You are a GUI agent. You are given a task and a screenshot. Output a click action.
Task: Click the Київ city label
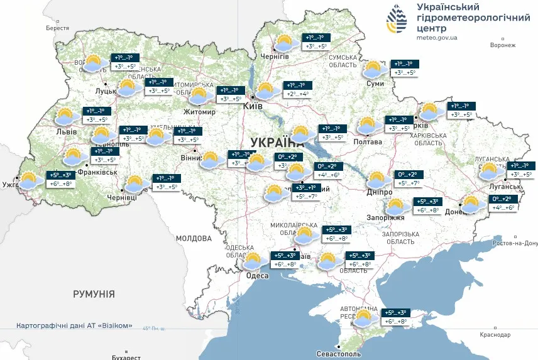click(x=253, y=107)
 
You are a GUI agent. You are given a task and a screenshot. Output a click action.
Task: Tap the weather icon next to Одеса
click(x=253, y=261)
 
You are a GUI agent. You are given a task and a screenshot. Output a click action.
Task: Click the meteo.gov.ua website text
click(x=437, y=37)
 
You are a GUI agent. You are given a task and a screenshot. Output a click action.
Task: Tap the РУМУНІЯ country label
click(x=94, y=293)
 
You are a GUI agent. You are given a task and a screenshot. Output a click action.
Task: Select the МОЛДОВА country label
click(x=194, y=239)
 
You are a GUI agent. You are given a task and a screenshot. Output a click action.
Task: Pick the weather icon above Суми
click(x=373, y=68)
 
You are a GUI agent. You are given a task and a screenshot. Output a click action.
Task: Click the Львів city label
click(x=66, y=132)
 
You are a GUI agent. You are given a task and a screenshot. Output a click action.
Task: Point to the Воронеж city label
click(x=502, y=45)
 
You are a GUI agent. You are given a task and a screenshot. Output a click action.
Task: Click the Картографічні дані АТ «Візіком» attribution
click(x=75, y=325)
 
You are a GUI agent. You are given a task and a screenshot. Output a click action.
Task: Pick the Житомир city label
click(x=199, y=112)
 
